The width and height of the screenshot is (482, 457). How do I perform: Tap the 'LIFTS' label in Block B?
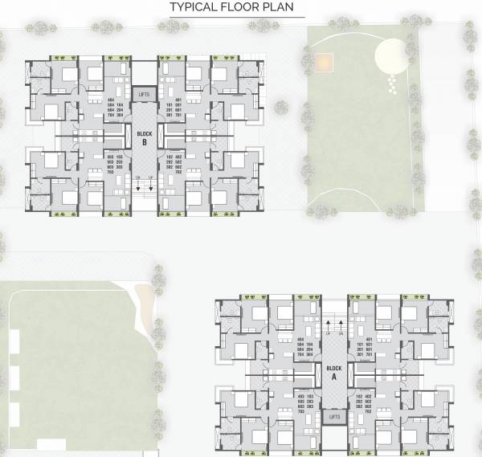pyautogui.click(x=145, y=94)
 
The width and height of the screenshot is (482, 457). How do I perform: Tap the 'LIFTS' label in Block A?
pyautogui.click(x=335, y=418)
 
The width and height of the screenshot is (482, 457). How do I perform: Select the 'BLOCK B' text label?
pyautogui.click(x=144, y=138)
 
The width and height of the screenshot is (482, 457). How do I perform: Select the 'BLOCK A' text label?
pyautogui.click(x=335, y=373)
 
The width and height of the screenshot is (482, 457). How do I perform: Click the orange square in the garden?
pyautogui.click(x=323, y=61)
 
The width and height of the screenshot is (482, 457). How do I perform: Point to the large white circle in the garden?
pyautogui.click(x=391, y=56)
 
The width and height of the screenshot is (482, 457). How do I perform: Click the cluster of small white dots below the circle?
pyautogui.click(x=392, y=83)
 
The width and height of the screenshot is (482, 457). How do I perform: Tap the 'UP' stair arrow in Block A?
pyautogui.click(x=329, y=324)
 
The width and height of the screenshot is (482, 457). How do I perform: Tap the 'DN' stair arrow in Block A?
pyautogui.click(x=341, y=324)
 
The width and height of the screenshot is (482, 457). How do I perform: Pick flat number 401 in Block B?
pyautogui.click(x=170, y=100)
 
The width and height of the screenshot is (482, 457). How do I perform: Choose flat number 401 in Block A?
pyautogui.click(x=359, y=340)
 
